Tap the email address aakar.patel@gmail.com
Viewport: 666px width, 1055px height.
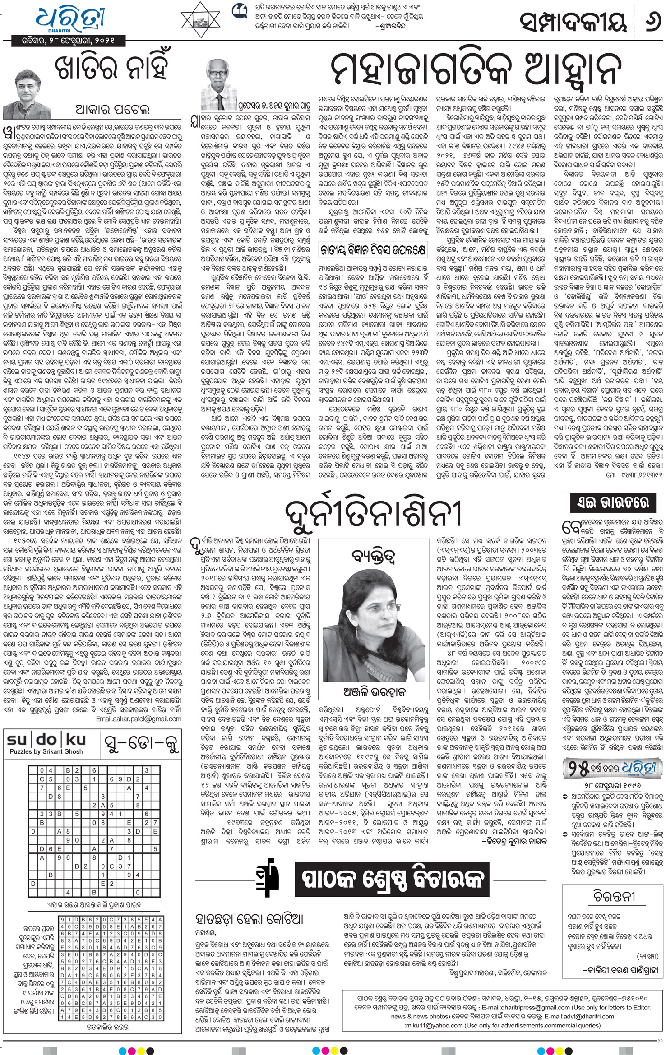pos(139,719)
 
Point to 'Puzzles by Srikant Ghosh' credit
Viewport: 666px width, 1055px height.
pos(46,751)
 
